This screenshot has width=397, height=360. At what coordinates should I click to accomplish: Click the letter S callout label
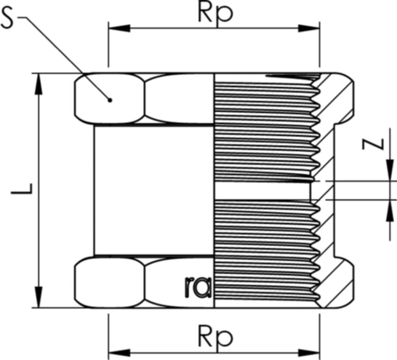(x=9, y=18)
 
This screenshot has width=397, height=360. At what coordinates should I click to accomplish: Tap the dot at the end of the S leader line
(x=110, y=100)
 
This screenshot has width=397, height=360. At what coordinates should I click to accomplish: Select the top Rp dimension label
(x=215, y=13)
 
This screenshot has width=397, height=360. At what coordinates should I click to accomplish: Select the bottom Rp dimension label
(x=215, y=338)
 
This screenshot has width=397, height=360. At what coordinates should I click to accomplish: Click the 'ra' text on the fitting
(x=197, y=287)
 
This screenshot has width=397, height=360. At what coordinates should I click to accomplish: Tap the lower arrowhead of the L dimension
(x=39, y=298)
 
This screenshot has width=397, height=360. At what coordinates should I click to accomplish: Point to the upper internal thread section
(x=264, y=128)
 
